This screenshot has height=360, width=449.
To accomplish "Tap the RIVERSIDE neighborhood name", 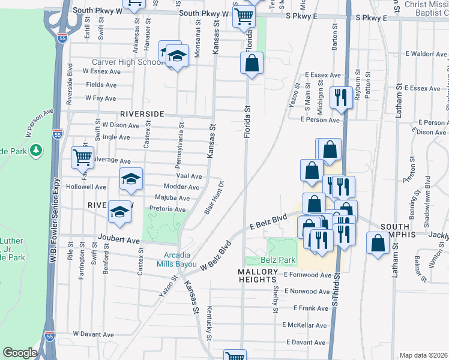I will pos(142,113).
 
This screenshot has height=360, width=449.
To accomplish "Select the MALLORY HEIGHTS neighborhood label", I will pos(259,272).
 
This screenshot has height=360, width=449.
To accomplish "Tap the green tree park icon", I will pos(36,149).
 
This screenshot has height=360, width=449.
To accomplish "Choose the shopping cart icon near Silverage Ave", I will pos(82,158).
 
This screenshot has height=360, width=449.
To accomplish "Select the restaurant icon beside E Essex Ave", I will pos(342,97).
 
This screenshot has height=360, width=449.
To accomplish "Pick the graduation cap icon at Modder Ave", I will pos(131,179).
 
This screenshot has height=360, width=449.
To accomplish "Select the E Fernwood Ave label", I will pos(308,275).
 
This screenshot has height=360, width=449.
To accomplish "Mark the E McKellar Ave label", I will pos(304,325).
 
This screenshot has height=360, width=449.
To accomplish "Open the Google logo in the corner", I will pos(20,353).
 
